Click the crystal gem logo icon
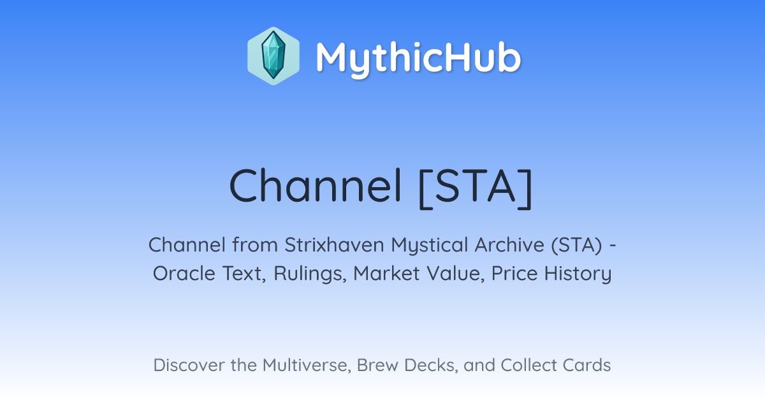tap(273, 56)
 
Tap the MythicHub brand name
tap(418, 58)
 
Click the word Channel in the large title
tap(315, 186)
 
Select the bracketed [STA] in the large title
tap(476, 188)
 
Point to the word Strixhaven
tap(334, 245)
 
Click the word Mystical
tap(429, 246)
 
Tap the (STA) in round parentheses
tap(577, 245)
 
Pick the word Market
tap(386, 274)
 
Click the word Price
tap(514, 274)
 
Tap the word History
tap(578, 274)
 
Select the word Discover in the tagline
tap(189, 365)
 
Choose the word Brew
tap(377, 365)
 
